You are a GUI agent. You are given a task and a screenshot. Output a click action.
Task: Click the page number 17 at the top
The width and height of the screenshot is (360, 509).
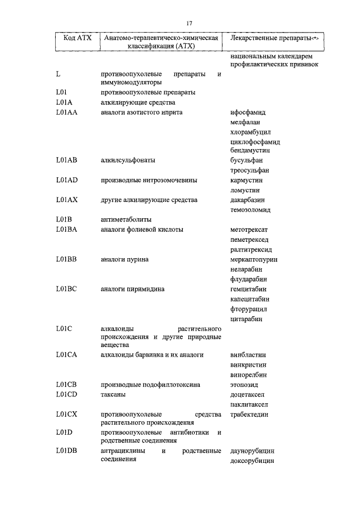pyautogui.click(x=190, y=22)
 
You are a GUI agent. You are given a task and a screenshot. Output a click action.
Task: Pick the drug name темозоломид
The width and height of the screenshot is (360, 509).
pyautogui.click(x=250, y=210)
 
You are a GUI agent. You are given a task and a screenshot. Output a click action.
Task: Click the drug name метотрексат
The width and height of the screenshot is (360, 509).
pyautogui.click(x=249, y=229)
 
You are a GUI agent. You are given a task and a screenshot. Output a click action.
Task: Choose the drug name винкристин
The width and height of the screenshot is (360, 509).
pyautogui.click(x=248, y=365)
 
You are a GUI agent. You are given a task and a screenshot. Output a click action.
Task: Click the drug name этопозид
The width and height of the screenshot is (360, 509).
pyautogui.click(x=244, y=385)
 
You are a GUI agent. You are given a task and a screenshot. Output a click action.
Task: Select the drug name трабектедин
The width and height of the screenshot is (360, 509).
pyautogui.click(x=249, y=415)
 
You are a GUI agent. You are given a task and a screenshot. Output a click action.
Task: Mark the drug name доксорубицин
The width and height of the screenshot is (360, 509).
pyautogui.click(x=252, y=461)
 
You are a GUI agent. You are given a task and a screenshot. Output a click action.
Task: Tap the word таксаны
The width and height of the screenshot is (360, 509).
pyautogui.click(x=113, y=394)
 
